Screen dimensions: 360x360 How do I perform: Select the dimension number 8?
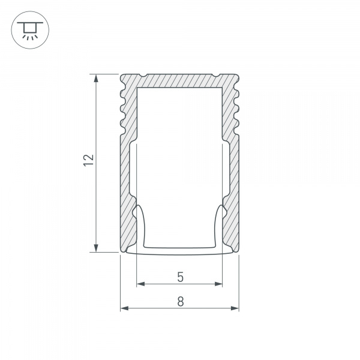(180, 302)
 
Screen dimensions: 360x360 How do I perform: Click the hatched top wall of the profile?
(180, 80)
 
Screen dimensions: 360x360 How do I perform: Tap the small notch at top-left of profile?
(144, 76)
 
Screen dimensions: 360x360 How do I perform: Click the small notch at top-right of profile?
(215, 76)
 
